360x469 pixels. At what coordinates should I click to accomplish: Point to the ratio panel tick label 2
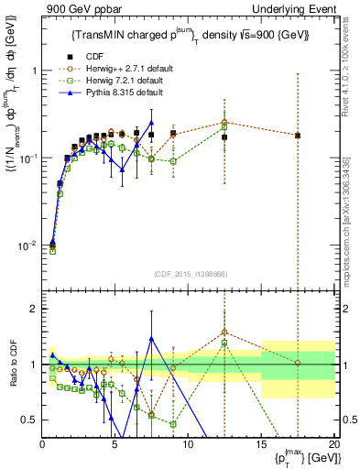click(34, 309)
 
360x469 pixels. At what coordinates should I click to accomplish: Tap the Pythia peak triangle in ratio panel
click(151, 338)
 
